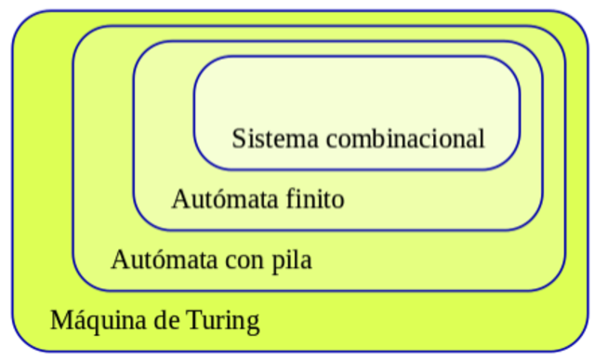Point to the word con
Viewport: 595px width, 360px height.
point(238,260)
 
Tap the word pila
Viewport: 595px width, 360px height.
point(290,259)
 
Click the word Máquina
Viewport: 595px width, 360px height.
point(97,322)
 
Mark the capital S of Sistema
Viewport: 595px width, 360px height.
point(238,140)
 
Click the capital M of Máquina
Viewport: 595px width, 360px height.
point(60,322)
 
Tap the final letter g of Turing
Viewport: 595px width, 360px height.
point(252,325)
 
